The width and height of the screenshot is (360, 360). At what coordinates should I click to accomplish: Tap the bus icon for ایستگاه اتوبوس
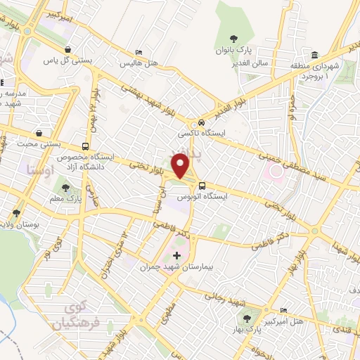(202, 186)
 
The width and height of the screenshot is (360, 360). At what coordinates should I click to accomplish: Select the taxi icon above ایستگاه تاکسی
(202, 121)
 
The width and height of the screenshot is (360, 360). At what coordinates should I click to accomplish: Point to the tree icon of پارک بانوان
(233, 39)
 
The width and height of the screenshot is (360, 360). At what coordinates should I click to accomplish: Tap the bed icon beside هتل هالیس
(139, 53)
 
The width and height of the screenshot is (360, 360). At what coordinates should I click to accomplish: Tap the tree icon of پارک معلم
(65, 188)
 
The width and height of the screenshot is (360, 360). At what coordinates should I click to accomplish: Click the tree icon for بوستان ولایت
(15, 212)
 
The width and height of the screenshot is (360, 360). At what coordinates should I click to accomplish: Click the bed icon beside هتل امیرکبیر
(283, 311)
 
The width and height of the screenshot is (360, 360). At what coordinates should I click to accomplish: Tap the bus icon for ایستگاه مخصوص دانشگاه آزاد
(85, 146)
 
